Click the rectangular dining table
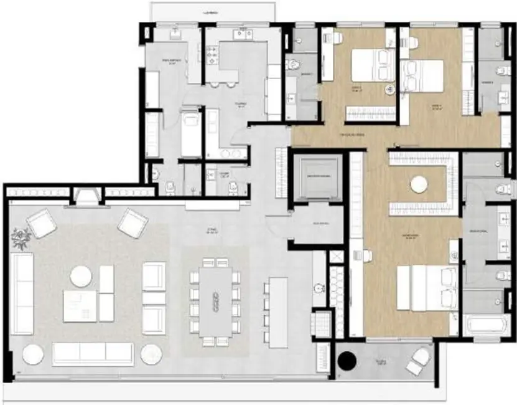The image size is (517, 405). pyautogui.click(x=215, y=302)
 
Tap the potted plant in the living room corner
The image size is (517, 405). pyautogui.click(x=22, y=237)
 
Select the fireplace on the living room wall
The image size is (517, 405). pyautogui.click(x=86, y=198)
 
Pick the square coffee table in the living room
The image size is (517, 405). pyautogui.click(x=80, y=306)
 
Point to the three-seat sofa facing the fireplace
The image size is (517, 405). pyautogui.click(x=93, y=354)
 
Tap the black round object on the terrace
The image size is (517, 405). pyautogui.click(x=346, y=360)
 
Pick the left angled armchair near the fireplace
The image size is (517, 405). pyautogui.click(x=42, y=222)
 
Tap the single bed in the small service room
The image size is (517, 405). pyautogui.click(x=190, y=133)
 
